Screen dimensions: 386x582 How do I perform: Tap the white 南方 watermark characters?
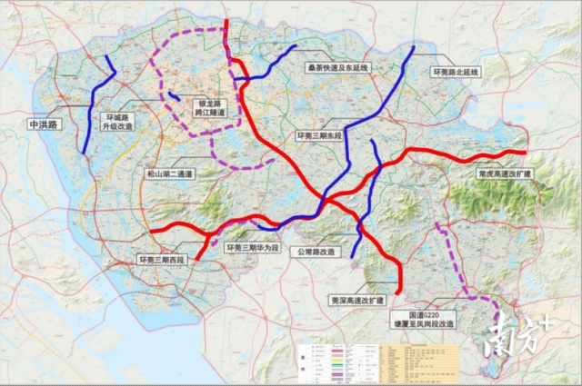coord(514,337)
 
